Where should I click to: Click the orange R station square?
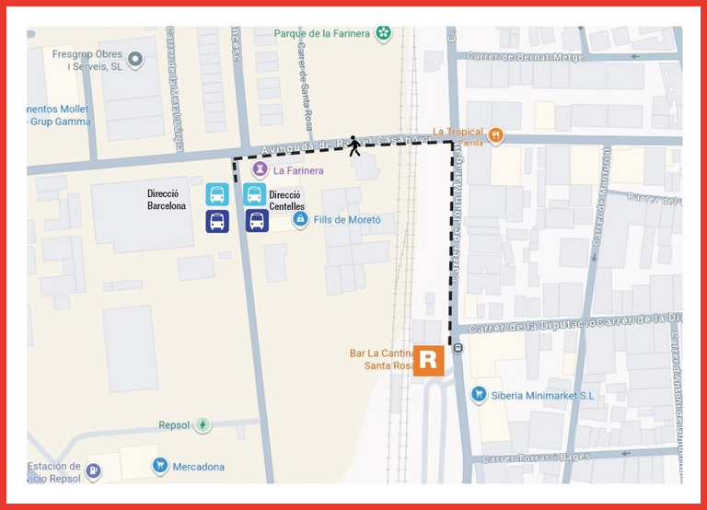coord(429,360)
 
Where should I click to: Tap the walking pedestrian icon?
coord(353,146)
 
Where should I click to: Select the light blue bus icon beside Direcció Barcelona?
coord(217,194)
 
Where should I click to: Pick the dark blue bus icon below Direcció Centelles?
coord(257,221)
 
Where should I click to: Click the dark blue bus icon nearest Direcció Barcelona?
coord(217,221)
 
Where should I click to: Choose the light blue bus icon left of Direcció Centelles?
coord(255,194)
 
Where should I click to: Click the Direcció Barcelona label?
coord(167,200)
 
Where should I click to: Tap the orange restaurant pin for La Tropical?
coord(496,134)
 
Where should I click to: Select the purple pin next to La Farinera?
coord(261,169)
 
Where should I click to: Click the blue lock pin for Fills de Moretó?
coord(299,220)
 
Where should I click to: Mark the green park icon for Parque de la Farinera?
coord(383,34)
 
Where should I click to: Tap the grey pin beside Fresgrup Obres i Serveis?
coord(135,60)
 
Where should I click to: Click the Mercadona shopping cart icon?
coord(159,466)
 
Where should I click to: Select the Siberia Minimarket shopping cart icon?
coord(478,394)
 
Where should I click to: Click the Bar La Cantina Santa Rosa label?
coord(380,359)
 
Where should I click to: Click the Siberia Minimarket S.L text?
coord(542,395)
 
